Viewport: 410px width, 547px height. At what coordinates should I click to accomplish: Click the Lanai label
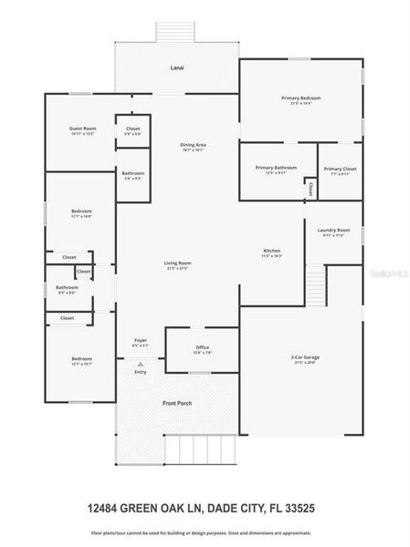(177, 68)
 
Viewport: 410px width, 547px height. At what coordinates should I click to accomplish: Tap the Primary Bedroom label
(301, 98)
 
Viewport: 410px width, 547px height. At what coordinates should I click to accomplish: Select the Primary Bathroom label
(277, 167)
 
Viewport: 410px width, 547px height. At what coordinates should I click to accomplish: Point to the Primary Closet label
(340, 169)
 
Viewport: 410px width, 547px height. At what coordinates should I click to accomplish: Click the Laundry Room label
(333, 230)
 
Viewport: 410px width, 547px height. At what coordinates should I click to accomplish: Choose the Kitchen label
(271, 251)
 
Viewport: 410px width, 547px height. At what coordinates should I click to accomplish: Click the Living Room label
(178, 263)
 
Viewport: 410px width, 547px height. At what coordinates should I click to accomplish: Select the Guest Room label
(83, 129)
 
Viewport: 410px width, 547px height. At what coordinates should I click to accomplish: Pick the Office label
(203, 347)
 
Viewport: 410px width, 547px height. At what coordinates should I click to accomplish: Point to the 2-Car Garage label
(302, 357)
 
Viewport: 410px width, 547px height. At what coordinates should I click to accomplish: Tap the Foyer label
(141, 340)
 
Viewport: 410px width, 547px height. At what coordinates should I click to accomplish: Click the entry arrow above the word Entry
(140, 363)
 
